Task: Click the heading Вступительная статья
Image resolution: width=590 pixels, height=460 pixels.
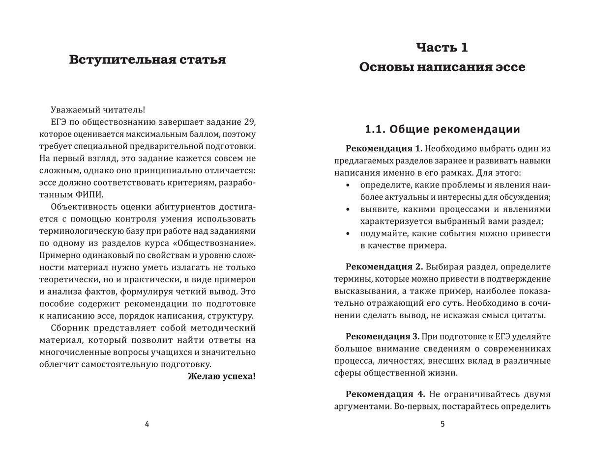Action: pos(147,60)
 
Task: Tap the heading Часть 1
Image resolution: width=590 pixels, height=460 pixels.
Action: pos(442,48)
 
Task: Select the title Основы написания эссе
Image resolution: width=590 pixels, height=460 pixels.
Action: pos(442,67)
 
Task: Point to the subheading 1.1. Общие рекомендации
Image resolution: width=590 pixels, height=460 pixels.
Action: pos(442,130)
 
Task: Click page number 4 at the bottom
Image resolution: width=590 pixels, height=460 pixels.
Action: pos(147,424)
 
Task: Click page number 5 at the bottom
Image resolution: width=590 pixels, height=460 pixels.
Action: pos(442,424)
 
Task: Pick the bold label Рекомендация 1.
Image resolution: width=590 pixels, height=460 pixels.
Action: pos(384,148)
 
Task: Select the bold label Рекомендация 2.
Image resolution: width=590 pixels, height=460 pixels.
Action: pos(384,267)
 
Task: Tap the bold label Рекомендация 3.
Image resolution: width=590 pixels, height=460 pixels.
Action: pos(383,336)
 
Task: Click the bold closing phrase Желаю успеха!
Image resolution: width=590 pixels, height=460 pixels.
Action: pos(222,377)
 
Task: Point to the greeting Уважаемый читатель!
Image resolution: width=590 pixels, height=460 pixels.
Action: pos(98,110)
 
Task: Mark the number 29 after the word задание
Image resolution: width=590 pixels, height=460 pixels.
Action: pos(250,122)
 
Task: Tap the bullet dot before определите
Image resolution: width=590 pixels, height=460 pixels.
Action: pos(348,186)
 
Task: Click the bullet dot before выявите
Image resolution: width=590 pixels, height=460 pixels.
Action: pos(348,210)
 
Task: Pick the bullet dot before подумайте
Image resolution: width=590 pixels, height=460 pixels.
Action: pos(348,234)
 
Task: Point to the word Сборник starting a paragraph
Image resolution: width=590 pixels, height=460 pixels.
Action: pos(68,328)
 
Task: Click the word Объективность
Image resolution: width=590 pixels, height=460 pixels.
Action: pos(81,207)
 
